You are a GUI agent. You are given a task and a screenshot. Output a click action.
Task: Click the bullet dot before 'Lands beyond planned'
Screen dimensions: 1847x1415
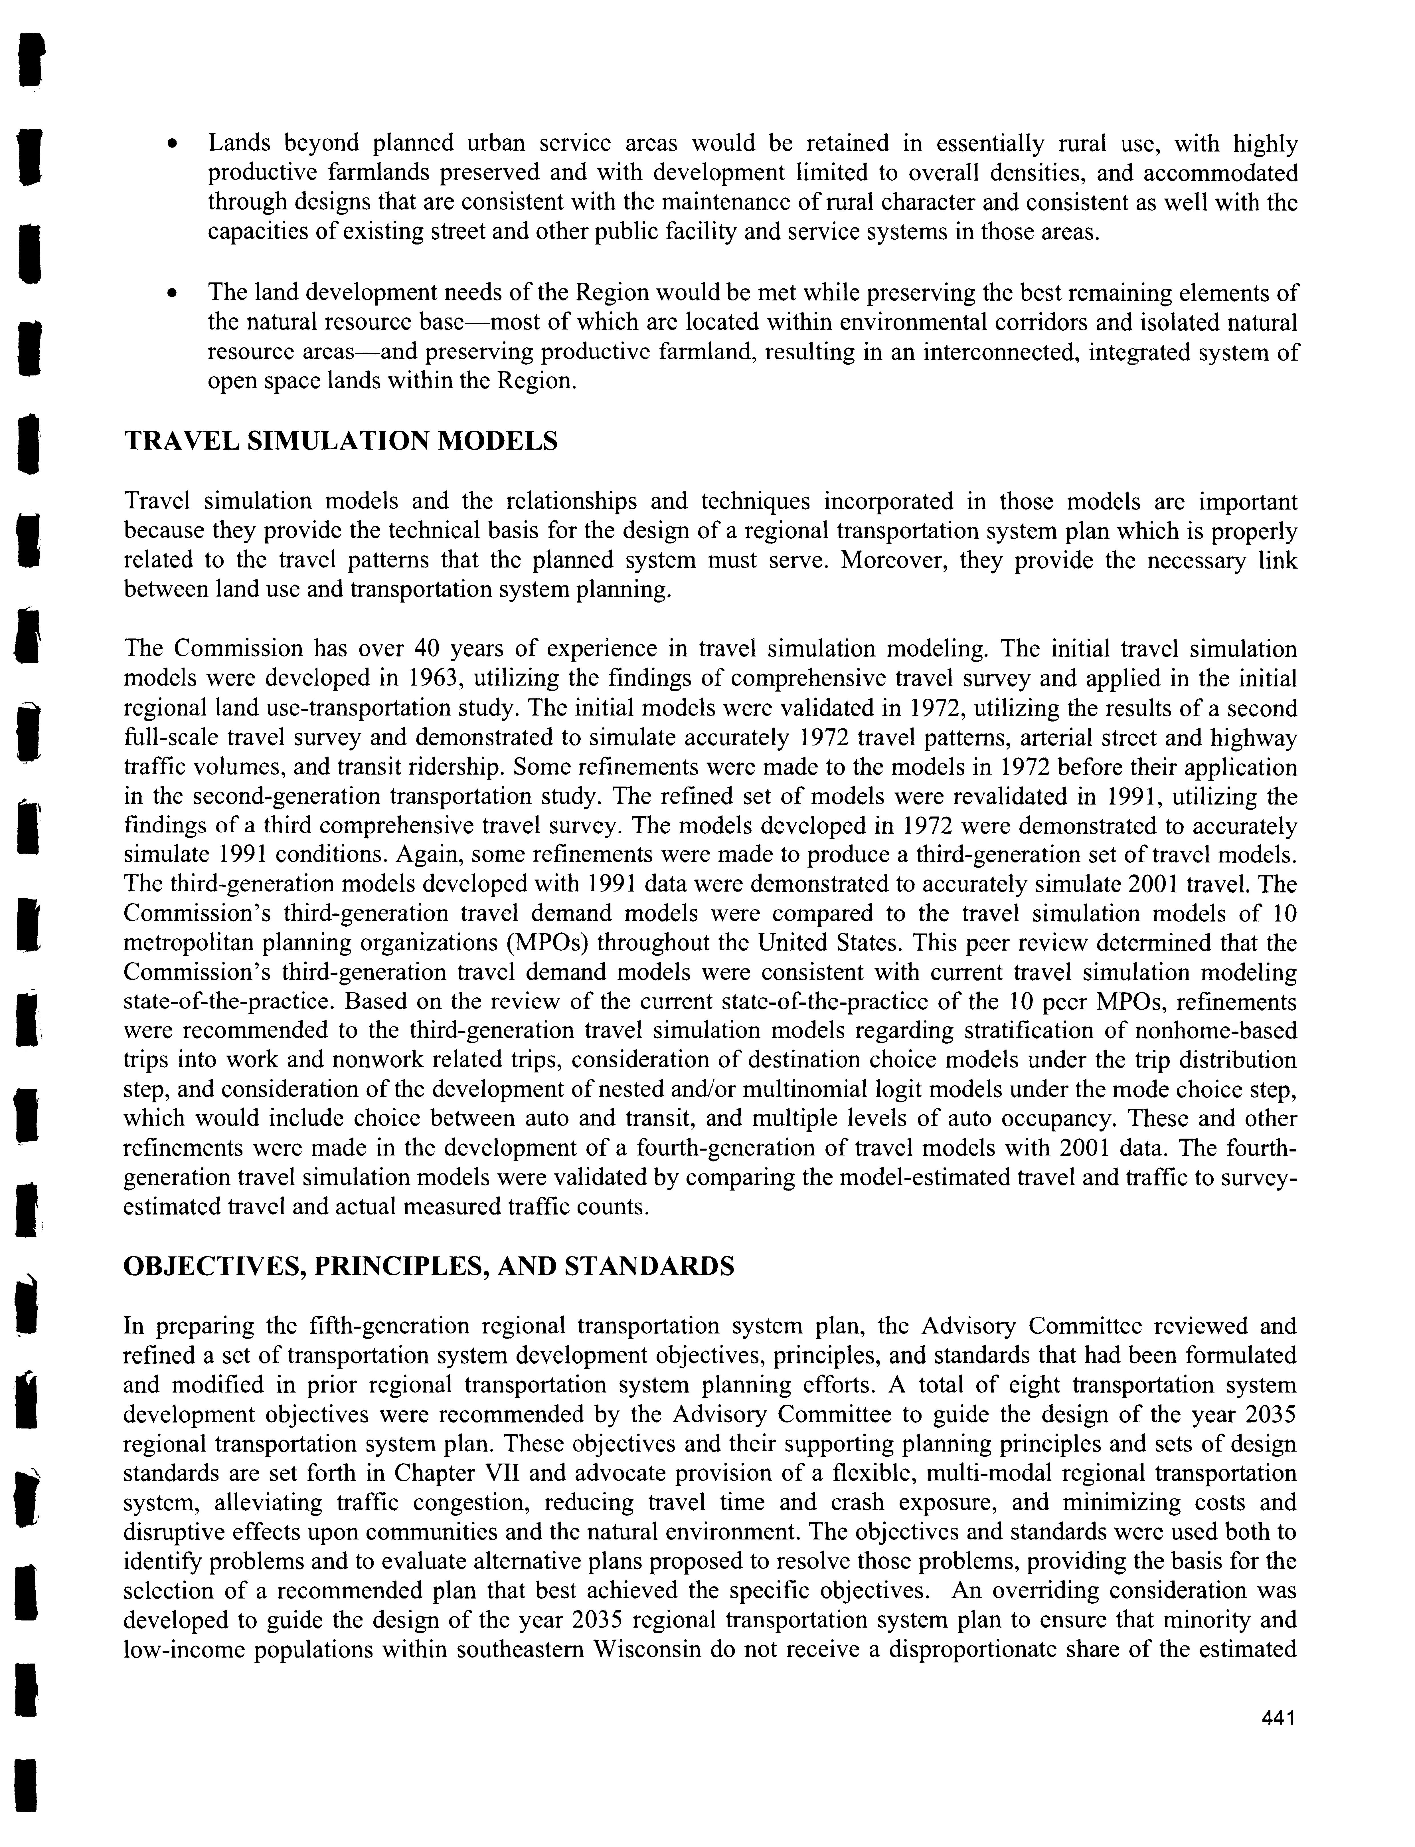click(x=172, y=144)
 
